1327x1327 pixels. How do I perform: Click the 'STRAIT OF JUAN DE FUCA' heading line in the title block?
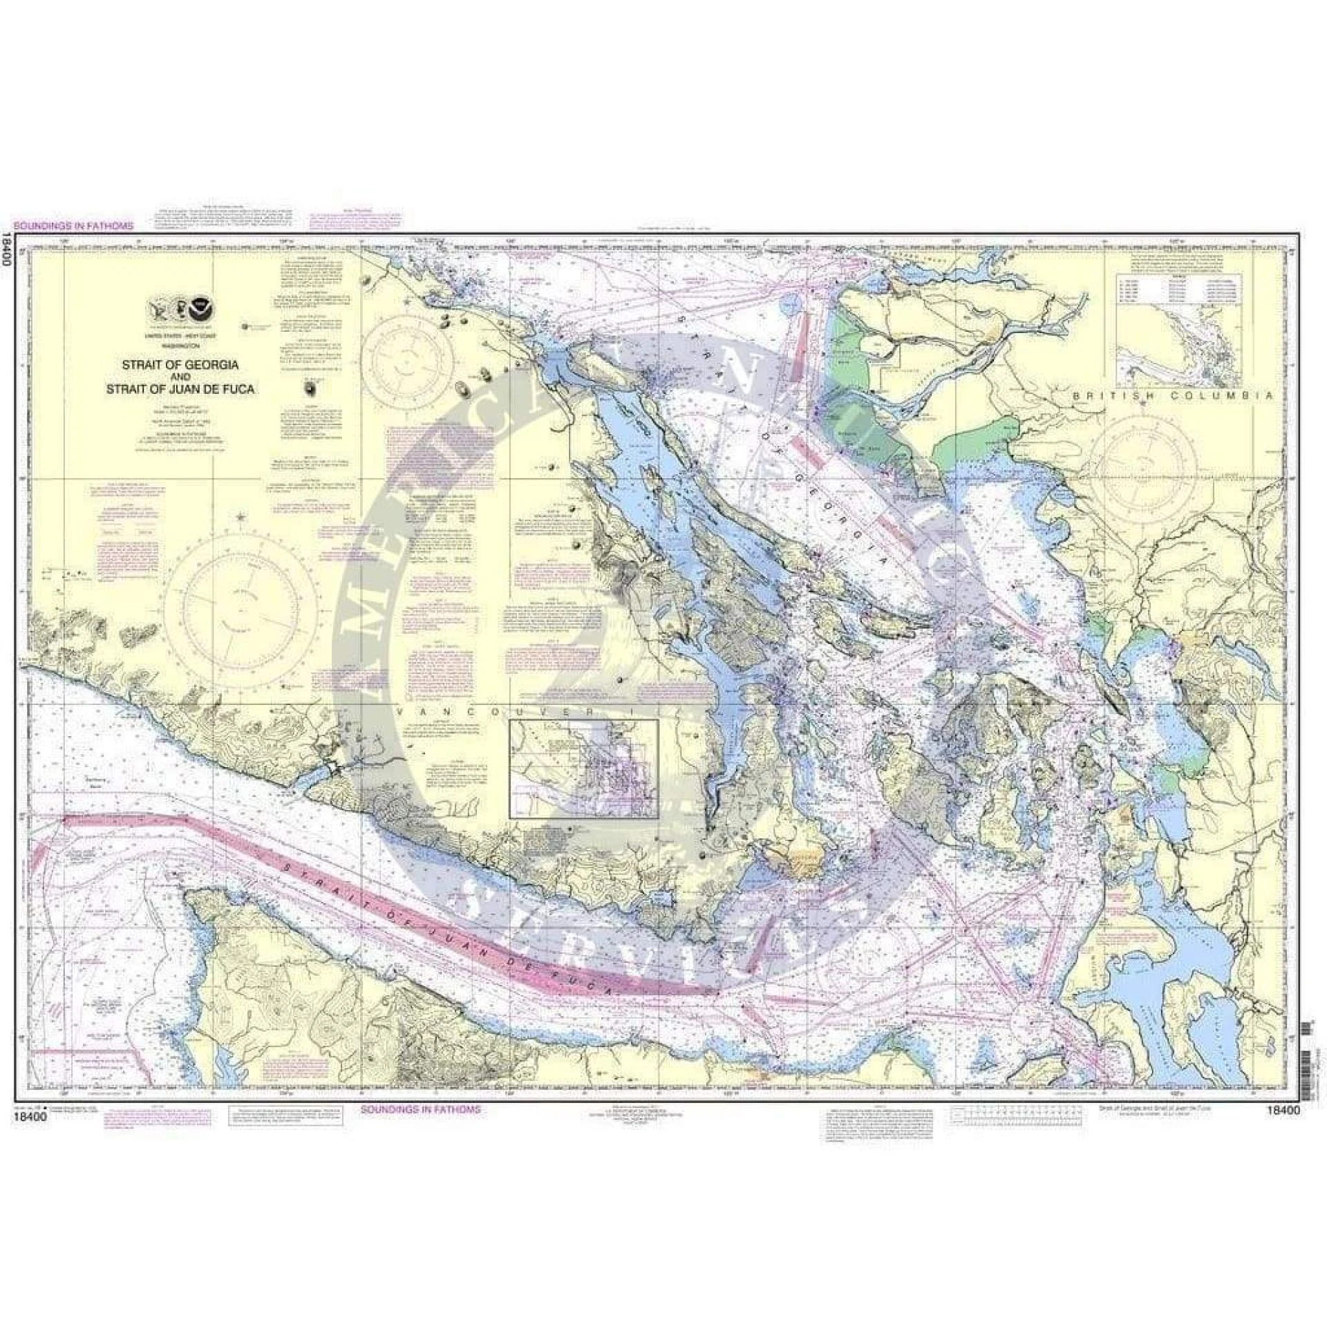(x=179, y=388)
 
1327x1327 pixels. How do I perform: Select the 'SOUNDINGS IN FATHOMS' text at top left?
(x=73, y=225)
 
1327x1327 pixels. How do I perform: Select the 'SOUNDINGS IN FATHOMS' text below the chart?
(x=420, y=1109)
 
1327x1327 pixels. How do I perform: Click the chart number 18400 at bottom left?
(x=26, y=1111)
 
